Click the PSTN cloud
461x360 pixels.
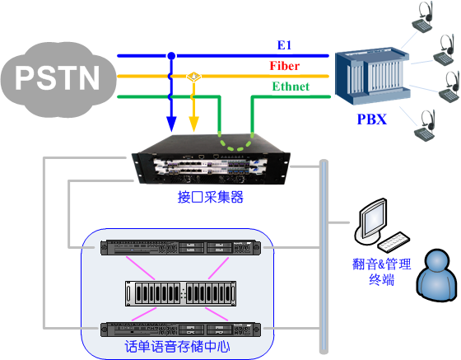[58, 79]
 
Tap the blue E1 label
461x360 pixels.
[284, 45]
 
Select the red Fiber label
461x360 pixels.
[285, 66]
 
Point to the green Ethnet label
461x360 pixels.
[291, 86]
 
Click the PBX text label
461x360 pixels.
[371, 119]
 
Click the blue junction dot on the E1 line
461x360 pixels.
[171, 55]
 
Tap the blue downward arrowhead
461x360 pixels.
[171, 124]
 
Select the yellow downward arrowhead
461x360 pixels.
[193, 124]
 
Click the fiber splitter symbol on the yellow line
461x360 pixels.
[193, 77]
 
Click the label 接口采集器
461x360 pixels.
[211, 197]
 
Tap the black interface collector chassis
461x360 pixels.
[211, 160]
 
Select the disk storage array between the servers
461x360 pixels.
[181, 293]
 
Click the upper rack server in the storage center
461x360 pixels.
[180, 247]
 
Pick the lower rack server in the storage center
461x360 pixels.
[180, 330]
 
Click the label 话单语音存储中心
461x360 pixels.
[177, 347]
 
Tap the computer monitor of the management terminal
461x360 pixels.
[371, 221]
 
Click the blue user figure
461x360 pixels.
[437, 275]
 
